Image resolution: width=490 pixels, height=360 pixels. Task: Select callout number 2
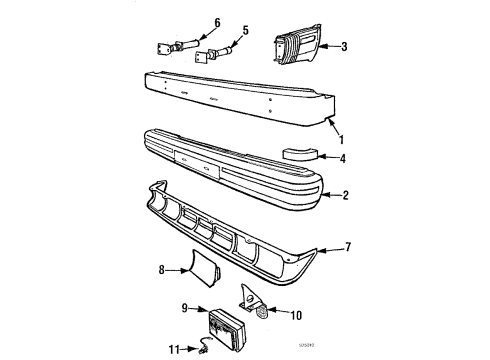[x=344, y=196]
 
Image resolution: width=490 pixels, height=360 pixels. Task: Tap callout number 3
[x=343, y=47]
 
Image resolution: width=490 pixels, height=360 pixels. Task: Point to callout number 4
[x=343, y=157]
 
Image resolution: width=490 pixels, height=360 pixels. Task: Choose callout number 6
[x=190, y=23]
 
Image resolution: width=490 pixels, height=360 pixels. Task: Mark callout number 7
[x=347, y=246]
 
